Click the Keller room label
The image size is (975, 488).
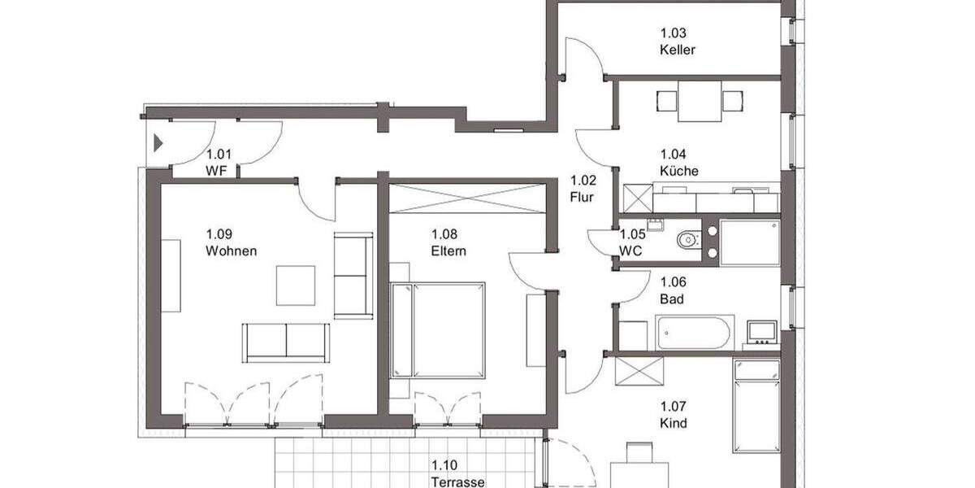677,49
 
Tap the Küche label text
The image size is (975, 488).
678,171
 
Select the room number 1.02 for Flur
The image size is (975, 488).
583,181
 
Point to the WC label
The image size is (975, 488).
630,251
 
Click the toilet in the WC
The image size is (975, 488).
687,240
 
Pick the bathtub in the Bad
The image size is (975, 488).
695,333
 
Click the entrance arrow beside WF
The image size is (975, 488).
158,144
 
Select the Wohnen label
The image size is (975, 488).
231,251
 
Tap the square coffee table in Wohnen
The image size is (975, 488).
295,285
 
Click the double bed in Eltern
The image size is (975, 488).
438,329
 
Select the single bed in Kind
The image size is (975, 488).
756,405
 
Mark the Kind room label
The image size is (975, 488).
674,422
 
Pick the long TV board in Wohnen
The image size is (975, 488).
171,275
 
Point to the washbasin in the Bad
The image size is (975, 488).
762,331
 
